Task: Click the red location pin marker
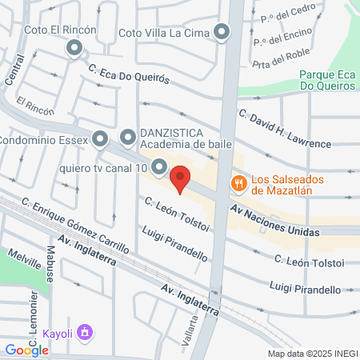point(181,178)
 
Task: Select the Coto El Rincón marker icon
point(75,49)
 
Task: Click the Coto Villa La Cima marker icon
point(222,32)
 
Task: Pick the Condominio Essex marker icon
point(99,139)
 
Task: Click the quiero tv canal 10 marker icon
point(159,168)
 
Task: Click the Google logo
point(26,350)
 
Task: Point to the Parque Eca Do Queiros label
point(326,80)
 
